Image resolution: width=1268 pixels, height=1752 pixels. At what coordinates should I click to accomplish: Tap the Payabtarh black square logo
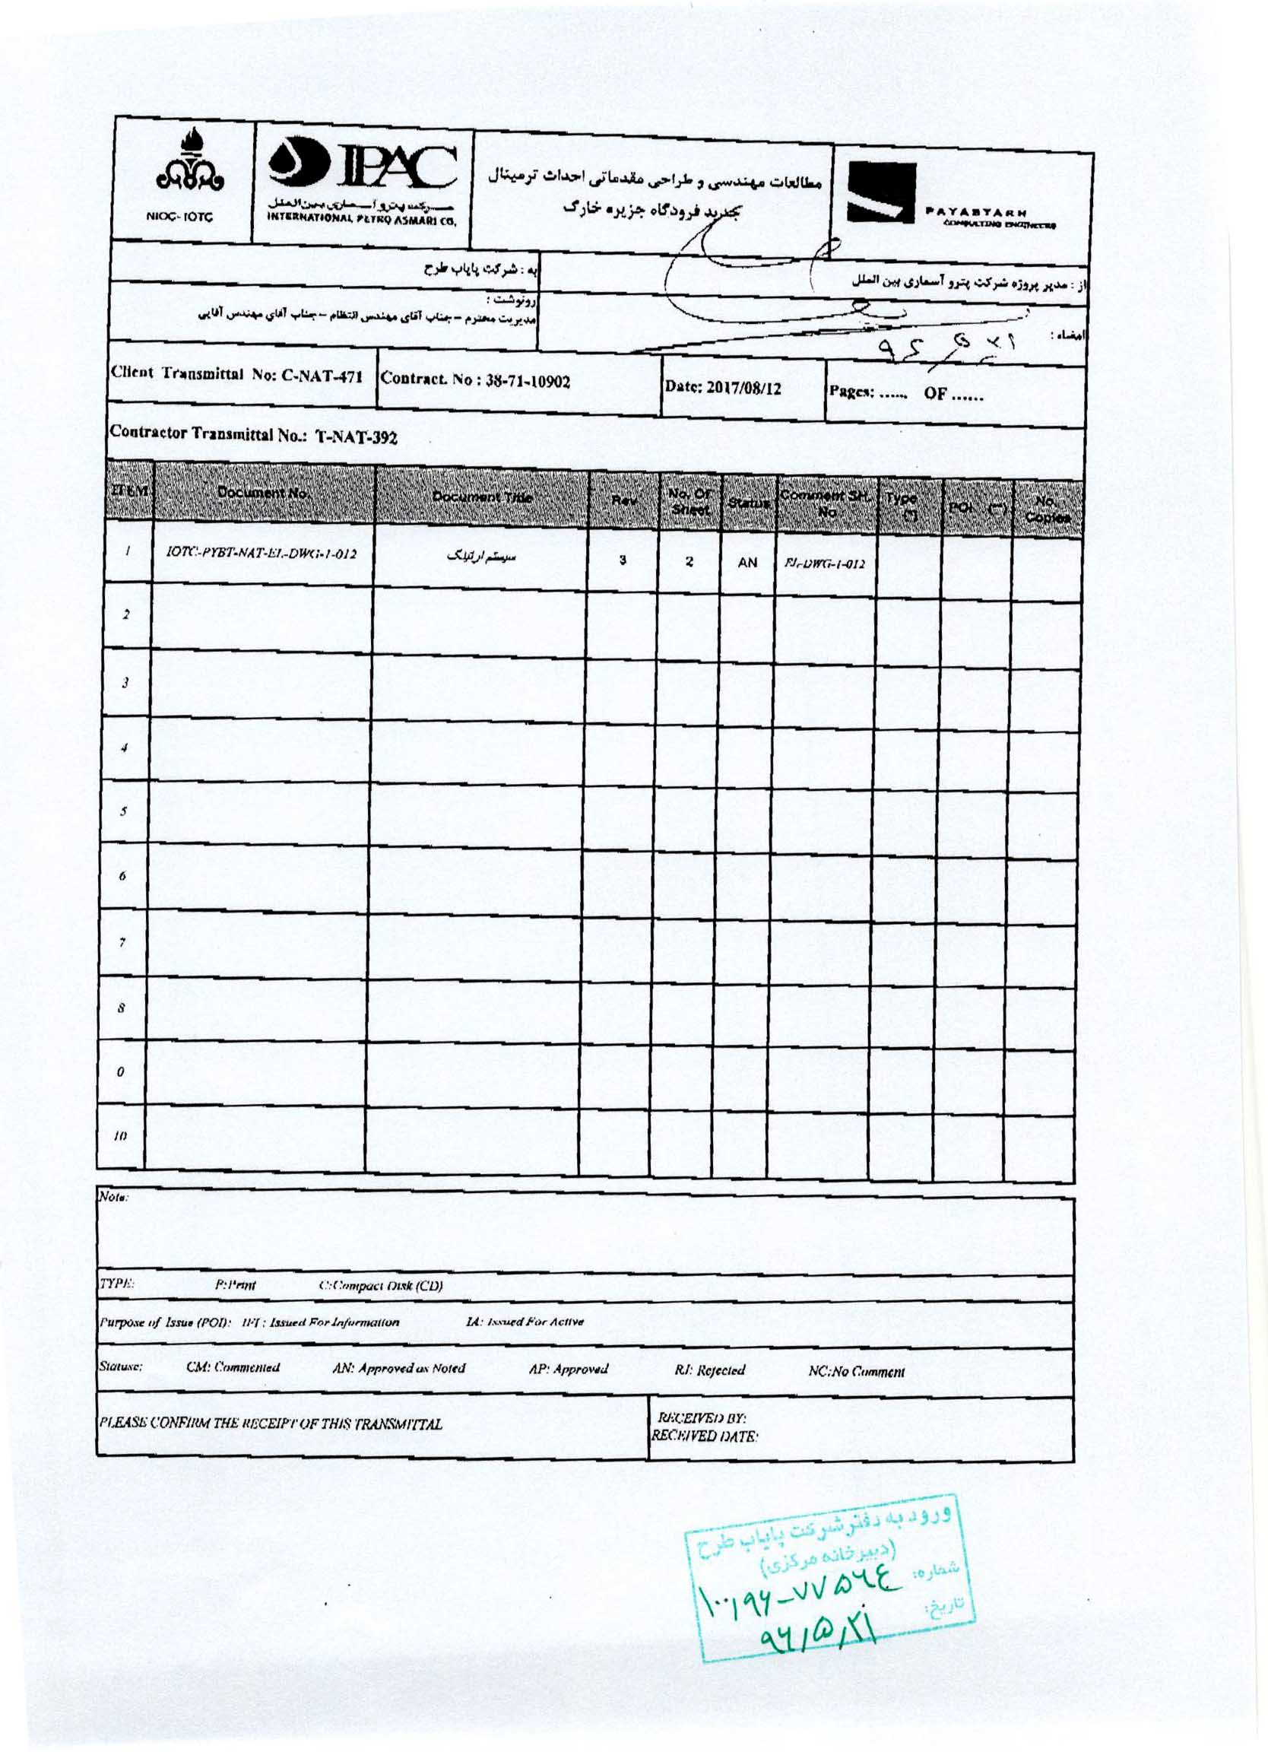click(x=881, y=193)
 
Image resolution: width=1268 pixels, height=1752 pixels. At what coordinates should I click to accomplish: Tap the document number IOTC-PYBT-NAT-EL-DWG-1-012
click(x=262, y=552)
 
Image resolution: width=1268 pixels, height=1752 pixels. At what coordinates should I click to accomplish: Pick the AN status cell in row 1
click(x=747, y=563)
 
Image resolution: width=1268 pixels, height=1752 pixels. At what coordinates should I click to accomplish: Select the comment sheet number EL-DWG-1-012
click(x=824, y=564)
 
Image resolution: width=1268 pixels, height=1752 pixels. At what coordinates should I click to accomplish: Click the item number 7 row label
click(x=124, y=942)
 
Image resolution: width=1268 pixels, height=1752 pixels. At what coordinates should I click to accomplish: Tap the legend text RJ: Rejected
click(x=709, y=1370)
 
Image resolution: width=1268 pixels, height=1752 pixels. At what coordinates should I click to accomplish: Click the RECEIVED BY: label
click(x=700, y=1418)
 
